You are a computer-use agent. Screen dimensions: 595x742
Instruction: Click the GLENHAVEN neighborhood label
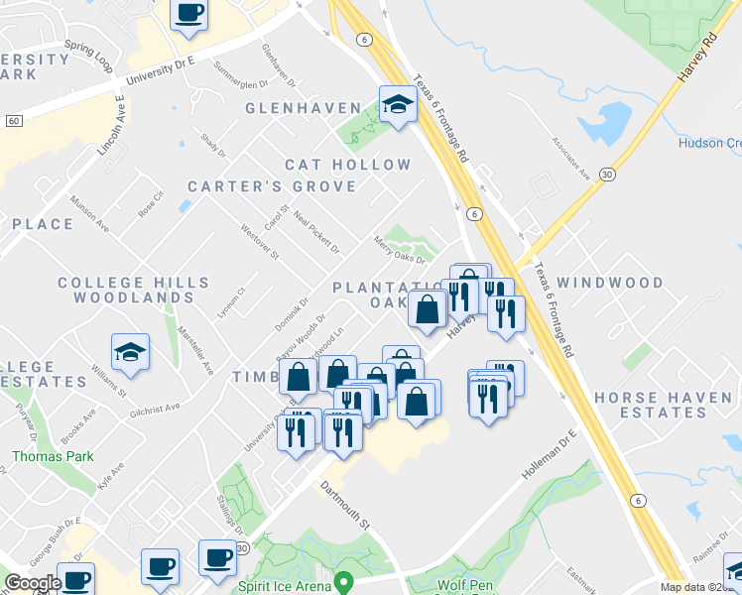pyautogui.click(x=303, y=107)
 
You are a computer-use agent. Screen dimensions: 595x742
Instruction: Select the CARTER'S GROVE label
pyautogui.click(x=272, y=186)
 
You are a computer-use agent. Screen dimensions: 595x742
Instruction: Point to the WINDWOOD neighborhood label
pyautogui.click(x=610, y=283)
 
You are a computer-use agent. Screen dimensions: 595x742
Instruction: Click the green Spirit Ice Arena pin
pyautogui.click(x=344, y=581)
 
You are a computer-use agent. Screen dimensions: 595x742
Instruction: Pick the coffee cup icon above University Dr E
pyautogui.click(x=189, y=13)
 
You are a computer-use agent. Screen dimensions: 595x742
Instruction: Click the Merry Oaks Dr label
pyautogui.click(x=399, y=250)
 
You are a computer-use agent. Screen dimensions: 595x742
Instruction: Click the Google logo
pyautogui.click(x=33, y=583)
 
